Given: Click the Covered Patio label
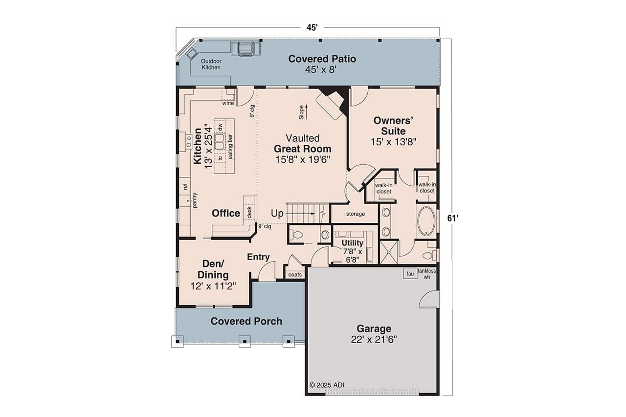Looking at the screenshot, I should tap(322, 59).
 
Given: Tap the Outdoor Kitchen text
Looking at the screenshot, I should tap(211, 64).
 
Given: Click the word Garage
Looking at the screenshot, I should tap(374, 329).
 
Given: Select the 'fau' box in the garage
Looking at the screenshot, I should tap(410, 274).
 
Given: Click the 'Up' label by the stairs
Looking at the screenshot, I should tap(277, 214).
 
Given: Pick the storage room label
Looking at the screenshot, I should tap(356, 214).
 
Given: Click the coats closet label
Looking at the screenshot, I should tap(295, 275).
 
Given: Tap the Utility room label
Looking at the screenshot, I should tap(352, 243).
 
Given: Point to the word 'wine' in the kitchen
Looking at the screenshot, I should tap(228, 103).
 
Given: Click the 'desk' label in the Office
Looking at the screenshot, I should tap(249, 212).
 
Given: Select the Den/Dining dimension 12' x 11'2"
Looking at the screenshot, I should tap(213, 286).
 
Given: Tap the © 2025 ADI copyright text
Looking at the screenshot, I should tap(327, 385).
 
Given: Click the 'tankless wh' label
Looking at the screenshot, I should tap(426, 274).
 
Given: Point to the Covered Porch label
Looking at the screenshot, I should tap(246, 321).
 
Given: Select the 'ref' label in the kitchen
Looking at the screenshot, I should tap(185, 186).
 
